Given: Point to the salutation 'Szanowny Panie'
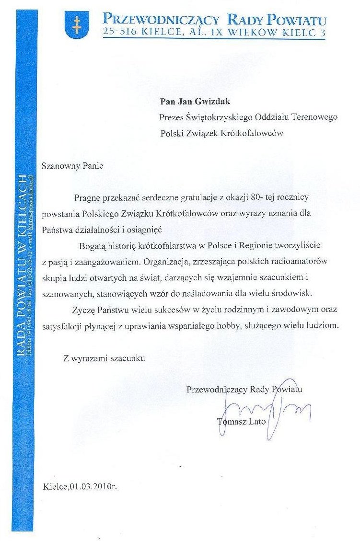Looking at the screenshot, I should [72, 167].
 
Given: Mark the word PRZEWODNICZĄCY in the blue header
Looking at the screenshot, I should [162, 20].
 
